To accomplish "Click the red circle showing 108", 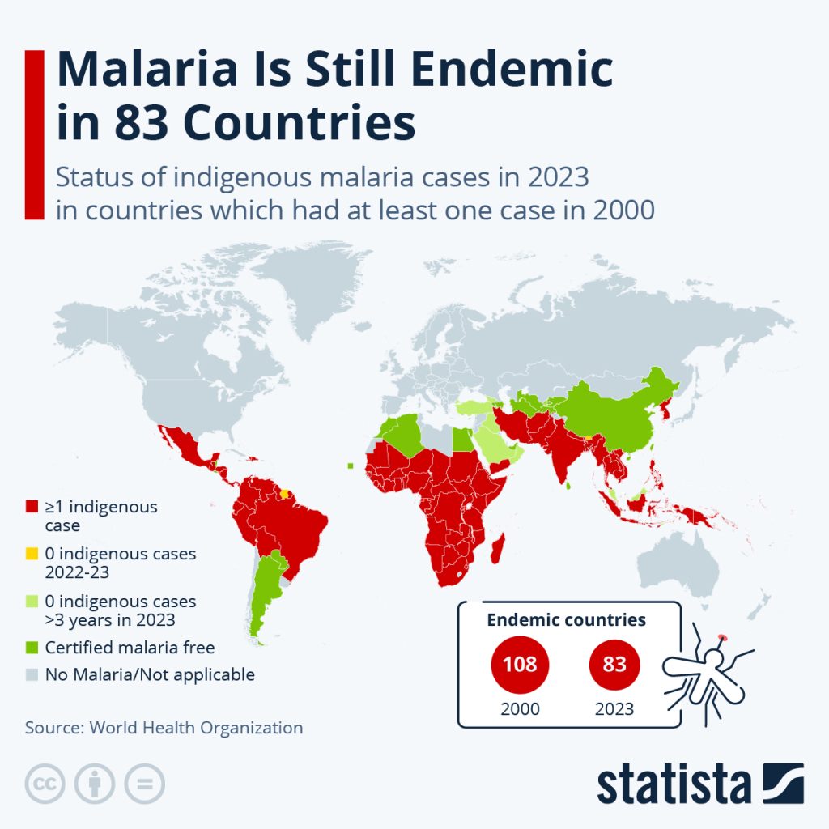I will [520, 665].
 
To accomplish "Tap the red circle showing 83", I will [614, 665].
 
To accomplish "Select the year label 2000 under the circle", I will [520, 708].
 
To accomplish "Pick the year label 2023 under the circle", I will [614, 708].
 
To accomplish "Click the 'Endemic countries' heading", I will [566, 620].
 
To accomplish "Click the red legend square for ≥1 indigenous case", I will [32, 508].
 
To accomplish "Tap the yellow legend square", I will [32, 555].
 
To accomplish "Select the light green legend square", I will [32, 602].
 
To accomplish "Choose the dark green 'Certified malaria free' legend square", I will [32, 647].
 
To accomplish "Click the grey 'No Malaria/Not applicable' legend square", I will [32, 674].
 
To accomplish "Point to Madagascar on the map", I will [500, 550].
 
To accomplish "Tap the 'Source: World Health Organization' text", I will [164, 727].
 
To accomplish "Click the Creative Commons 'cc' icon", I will [45, 784].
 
